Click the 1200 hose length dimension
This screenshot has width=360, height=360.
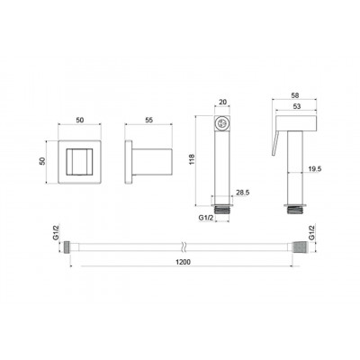coord(183,262)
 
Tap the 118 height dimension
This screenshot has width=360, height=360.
coord(193,159)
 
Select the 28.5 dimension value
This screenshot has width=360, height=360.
coord(243,193)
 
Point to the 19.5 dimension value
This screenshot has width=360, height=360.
coord(315,169)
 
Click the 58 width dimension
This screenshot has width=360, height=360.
coord(295,95)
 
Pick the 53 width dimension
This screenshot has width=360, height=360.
coord(295,106)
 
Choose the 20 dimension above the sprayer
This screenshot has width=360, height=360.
coord(222,102)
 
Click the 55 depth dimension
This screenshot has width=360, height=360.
coord(148,120)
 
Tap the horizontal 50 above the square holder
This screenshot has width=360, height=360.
coord(80,120)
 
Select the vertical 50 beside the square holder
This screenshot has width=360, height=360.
coord(42,161)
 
